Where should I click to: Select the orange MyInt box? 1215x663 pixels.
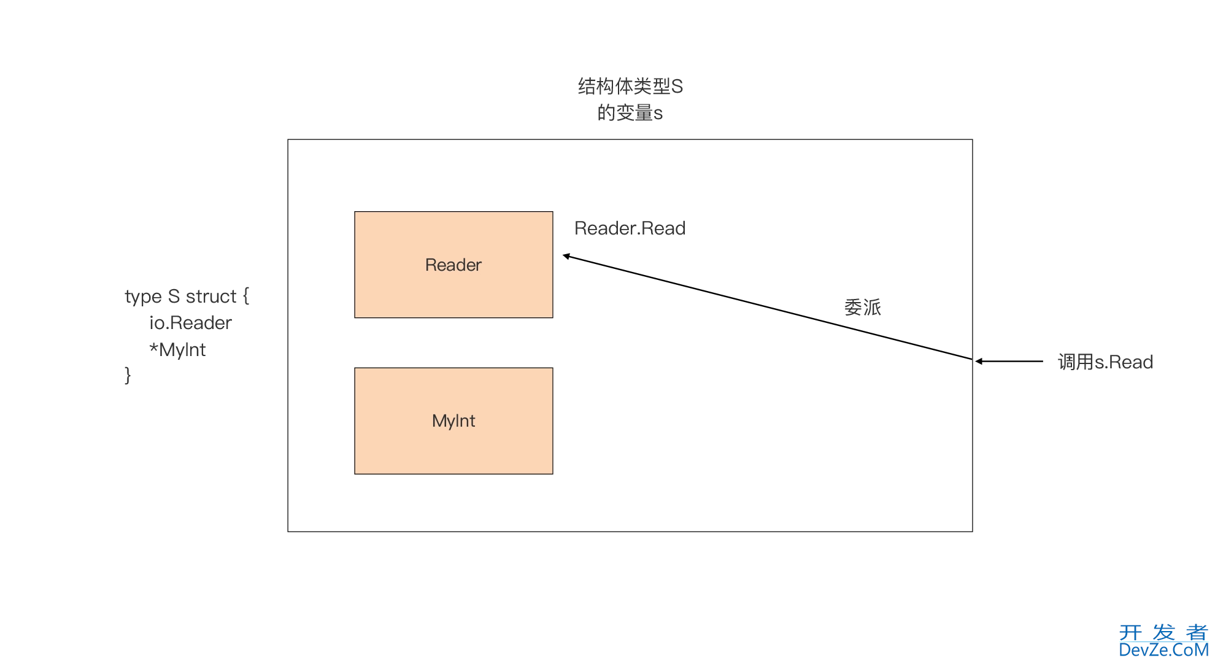tap(453, 421)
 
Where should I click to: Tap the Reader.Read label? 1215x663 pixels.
tap(630, 228)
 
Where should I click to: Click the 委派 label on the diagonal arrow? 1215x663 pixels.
tap(862, 307)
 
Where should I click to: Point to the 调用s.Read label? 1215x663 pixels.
tap(1105, 362)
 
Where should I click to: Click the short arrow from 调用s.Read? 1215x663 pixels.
tap(1009, 362)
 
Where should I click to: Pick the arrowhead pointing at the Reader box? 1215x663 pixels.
tap(567, 256)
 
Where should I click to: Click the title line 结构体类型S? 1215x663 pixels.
tap(630, 87)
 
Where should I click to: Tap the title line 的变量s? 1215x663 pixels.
tap(630, 113)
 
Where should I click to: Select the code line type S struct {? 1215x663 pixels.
tap(187, 297)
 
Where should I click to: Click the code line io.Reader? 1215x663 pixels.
tap(190, 323)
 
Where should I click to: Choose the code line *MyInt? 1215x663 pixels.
tap(177, 350)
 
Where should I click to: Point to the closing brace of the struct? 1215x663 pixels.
tap(128, 375)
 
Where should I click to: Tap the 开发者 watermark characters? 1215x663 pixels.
tap(1163, 632)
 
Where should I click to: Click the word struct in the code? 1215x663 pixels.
tap(210, 297)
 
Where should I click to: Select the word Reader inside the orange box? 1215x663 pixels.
tap(453, 265)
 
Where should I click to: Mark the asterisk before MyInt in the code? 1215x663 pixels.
tap(153, 348)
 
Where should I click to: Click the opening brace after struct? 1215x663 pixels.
tap(246, 297)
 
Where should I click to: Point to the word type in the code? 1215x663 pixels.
tap(143, 297)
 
